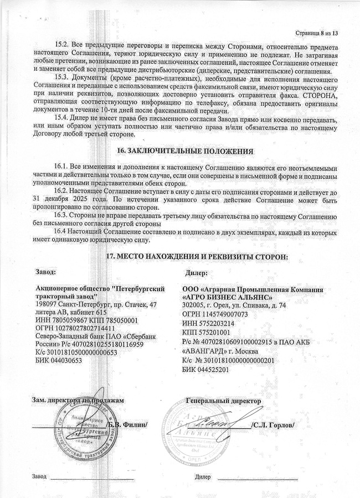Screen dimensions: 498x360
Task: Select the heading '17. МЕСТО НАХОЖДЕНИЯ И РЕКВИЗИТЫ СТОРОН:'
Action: pyautogui.click(x=197, y=257)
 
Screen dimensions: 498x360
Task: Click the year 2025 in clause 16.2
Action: pyautogui.click(x=84, y=198)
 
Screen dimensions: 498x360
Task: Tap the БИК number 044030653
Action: pyautogui.click(x=65, y=360)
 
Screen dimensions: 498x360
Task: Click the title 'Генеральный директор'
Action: pyautogui.click(x=223, y=400)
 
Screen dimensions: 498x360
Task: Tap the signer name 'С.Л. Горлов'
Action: pyautogui.click(x=272, y=424)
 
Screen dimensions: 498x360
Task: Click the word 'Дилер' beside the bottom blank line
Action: pyautogui.click(x=203, y=476)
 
